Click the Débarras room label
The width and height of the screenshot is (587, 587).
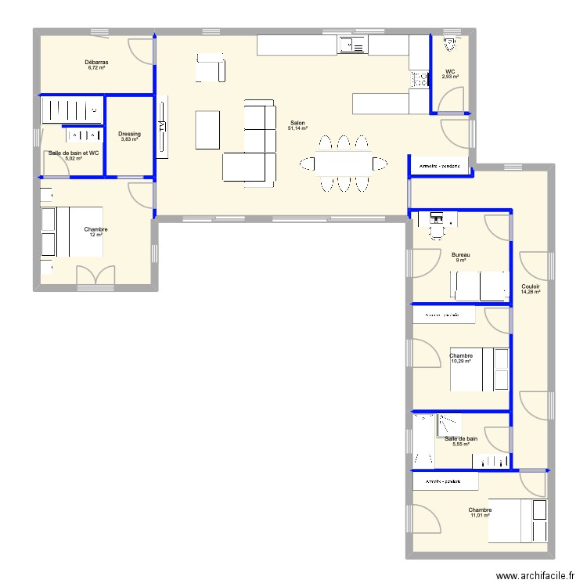click(x=97, y=62)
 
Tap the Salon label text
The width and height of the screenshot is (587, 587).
click(x=297, y=123)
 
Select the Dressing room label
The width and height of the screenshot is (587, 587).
click(x=130, y=134)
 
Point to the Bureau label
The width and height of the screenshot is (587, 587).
click(x=461, y=254)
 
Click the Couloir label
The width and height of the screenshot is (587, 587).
click(x=531, y=286)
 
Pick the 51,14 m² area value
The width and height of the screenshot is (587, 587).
click(x=298, y=128)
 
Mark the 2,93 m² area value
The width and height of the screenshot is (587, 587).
click(x=450, y=77)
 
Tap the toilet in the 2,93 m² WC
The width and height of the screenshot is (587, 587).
click(x=450, y=45)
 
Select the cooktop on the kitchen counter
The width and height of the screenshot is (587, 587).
click(x=419, y=78)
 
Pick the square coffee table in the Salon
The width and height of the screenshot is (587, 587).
click(x=207, y=129)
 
